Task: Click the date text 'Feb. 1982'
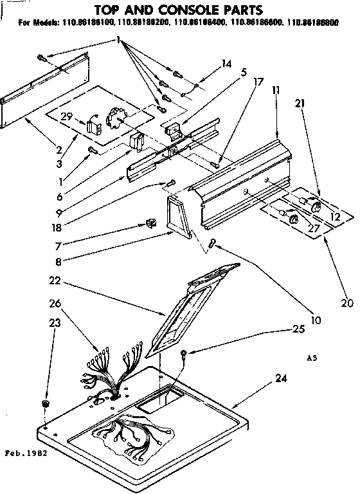tap(27, 453)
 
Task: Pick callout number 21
tap(300, 103)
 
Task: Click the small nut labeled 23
tap(46, 403)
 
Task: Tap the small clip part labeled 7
tap(152, 223)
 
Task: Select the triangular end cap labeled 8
tap(177, 218)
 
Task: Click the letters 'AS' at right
tap(310, 358)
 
